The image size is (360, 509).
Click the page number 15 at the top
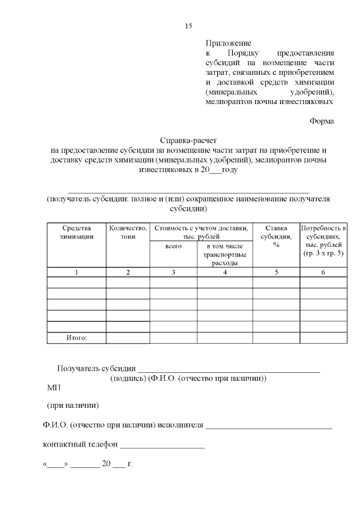click(188, 26)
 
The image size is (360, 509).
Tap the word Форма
click(322, 120)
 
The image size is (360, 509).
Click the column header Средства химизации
click(76, 232)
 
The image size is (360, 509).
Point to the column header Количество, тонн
click(128, 232)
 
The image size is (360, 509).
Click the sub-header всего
click(173, 247)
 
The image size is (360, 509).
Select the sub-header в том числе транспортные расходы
click(225, 254)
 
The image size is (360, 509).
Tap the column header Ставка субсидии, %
click(276, 236)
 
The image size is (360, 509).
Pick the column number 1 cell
click(76, 273)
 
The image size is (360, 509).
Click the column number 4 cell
click(225, 273)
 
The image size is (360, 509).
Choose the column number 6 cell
click(323, 273)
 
